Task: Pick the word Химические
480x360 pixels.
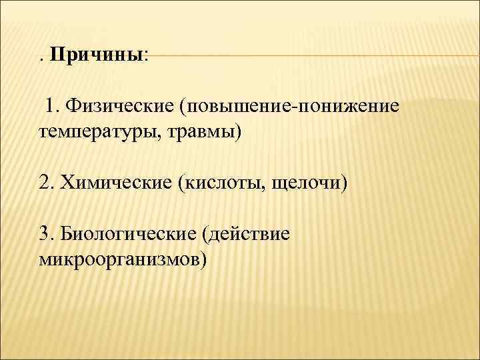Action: pyautogui.click(x=115, y=182)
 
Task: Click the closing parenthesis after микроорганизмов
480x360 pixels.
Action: pyautogui.click(x=203, y=259)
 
